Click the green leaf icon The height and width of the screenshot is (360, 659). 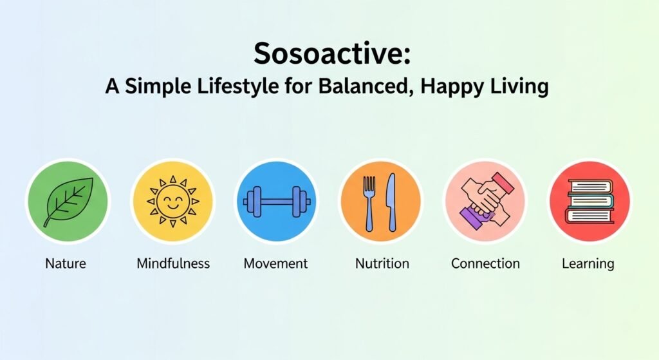(x=68, y=201)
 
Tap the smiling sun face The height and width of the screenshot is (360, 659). (x=173, y=201)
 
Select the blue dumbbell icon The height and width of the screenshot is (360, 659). (x=277, y=201)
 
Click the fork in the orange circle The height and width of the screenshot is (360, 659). (x=370, y=201)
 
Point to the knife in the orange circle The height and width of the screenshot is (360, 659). (x=391, y=201)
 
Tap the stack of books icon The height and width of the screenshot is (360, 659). (x=589, y=201)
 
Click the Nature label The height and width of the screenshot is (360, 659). (x=66, y=263)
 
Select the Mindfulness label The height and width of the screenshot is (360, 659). (x=173, y=263)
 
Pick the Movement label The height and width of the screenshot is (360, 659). (x=275, y=263)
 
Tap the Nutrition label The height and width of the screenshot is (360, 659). (x=382, y=263)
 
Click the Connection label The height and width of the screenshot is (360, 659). (x=485, y=263)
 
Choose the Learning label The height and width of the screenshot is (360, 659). (x=588, y=263)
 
